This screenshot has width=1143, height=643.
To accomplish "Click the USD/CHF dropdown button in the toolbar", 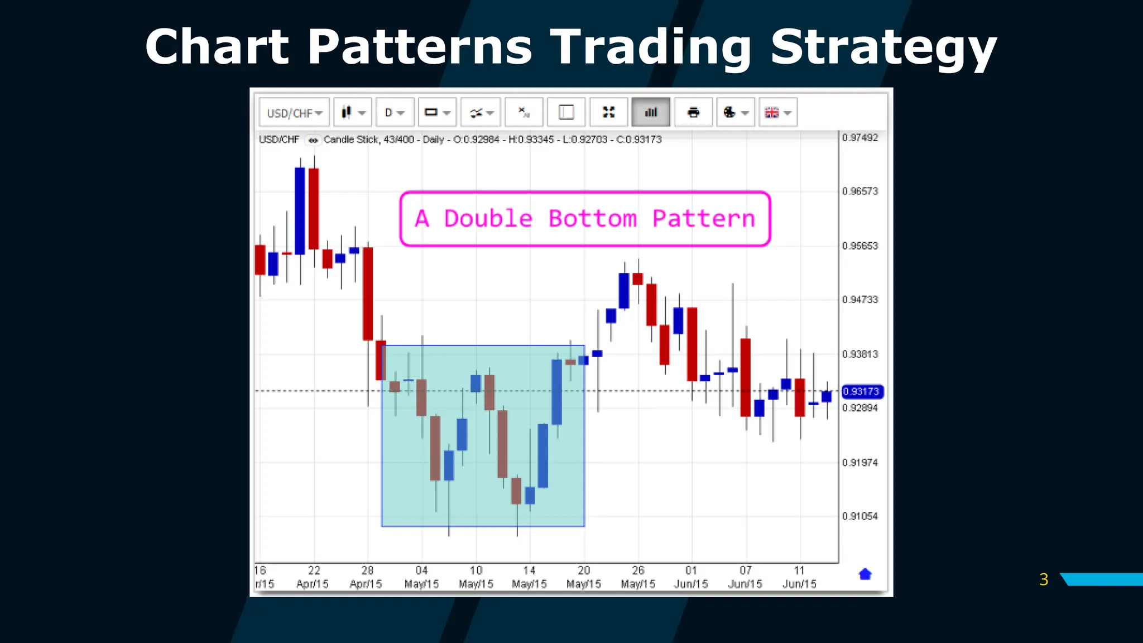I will (x=294, y=113).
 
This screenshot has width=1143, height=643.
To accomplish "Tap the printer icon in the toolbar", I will (x=693, y=113).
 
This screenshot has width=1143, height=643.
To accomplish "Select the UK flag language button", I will (x=777, y=113).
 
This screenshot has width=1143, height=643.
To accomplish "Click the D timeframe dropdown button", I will (x=394, y=113).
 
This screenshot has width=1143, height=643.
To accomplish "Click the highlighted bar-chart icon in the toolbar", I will (x=651, y=113).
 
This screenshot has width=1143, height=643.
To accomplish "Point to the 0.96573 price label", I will (x=860, y=191).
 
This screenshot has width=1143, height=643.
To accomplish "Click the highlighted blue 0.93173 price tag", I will (x=862, y=392).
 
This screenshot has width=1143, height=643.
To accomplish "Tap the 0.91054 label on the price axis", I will (x=860, y=516).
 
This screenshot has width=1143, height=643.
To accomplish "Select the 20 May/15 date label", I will (x=584, y=577).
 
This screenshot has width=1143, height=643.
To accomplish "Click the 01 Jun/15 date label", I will (x=691, y=577).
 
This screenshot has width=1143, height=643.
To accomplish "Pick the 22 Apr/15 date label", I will (x=313, y=577).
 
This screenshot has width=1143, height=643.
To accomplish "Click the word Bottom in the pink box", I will (x=592, y=219).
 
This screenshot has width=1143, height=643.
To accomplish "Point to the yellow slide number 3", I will (x=1044, y=579).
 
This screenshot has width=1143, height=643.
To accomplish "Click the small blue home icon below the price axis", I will (x=865, y=574).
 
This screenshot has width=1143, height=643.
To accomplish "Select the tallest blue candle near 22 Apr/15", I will (x=300, y=211).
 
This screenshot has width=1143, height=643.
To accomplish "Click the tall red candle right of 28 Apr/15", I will (x=368, y=294).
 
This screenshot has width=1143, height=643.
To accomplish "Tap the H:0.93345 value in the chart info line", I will (x=531, y=140).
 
